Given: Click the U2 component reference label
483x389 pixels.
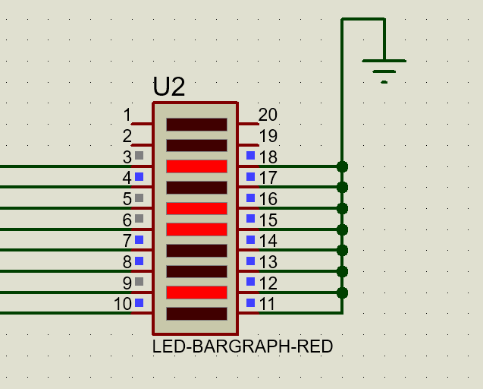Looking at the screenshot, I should [x=168, y=87].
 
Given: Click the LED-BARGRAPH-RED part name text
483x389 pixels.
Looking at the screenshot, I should [x=243, y=347].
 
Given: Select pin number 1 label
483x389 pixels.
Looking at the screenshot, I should [x=127, y=115].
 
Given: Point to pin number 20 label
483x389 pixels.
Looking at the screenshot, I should [x=268, y=115].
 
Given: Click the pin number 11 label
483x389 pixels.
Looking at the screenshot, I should [x=268, y=304].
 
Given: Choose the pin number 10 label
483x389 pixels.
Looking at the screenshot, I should [x=123, y=304].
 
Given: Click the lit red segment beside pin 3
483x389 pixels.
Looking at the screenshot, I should [x=196, y=166].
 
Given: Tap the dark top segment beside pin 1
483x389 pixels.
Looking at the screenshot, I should [x=196, y=124].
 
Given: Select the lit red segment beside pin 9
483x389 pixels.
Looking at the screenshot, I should [x=196, y=293].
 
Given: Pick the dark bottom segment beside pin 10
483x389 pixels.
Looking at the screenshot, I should [x=196, y=313].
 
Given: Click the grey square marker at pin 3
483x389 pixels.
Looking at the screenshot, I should [x=139, y=156].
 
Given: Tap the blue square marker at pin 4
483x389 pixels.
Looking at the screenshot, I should [x=139, y=177].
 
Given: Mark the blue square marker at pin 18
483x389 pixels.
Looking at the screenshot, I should [x=251, y=156].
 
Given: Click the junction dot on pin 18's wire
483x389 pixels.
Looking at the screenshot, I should [x=342, y=166].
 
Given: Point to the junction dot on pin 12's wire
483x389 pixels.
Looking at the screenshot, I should [x=342, y=293].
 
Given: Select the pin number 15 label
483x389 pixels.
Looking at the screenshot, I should [x=268, y=220].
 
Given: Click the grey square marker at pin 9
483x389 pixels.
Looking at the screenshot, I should [x=139, y=282].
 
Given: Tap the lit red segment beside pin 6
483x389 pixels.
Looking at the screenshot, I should [x=196, y=229].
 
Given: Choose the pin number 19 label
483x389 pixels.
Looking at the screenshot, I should [x=268, y=136].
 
